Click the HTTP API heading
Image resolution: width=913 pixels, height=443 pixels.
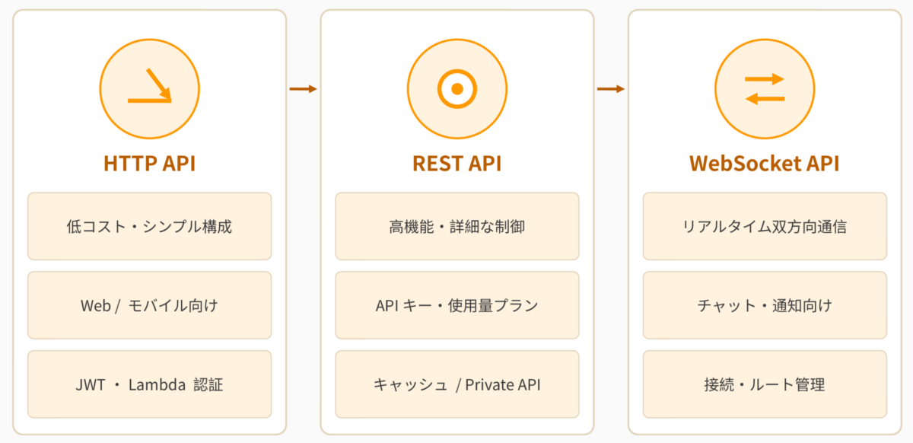click(x=150, y=163)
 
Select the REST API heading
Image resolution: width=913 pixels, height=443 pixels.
click(x=457, y=163)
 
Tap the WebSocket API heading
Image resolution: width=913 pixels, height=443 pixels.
click(x=764, y=163)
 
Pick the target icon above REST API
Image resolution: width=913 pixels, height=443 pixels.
click(x=457, y=89)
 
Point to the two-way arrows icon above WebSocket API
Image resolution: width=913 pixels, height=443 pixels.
click(x=765, y=89)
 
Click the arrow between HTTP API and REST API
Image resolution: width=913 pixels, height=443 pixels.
click(x=304, y=89)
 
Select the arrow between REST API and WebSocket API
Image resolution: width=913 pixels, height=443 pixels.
click(x=610, y=89)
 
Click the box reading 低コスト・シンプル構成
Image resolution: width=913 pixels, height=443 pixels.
click(x=150, y=226)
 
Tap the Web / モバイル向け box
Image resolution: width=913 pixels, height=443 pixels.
click(x=150, y=305)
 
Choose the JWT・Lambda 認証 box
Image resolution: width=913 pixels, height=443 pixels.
click(x=150, y=384)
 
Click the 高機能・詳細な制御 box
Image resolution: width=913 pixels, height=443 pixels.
click(x=457, y=226)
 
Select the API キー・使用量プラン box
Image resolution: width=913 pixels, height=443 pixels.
click(x=457, y=305)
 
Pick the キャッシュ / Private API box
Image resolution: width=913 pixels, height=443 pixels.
click(x=457, y=384)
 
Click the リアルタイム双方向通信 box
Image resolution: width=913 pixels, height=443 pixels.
click(x=765, y=226)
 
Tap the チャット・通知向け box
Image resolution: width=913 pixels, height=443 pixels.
click(x=765, y=305)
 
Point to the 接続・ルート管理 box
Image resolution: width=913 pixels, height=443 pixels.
click(x=765, y=384)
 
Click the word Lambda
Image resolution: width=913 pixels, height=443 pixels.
click(x=157, y=384)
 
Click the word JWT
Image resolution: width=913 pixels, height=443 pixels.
click(x=91, y=384)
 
